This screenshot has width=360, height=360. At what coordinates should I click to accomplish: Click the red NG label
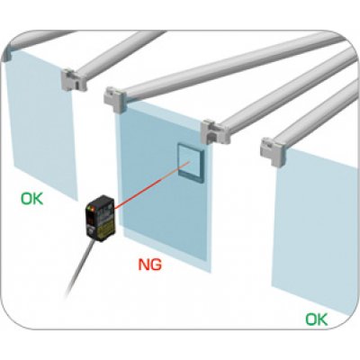(149, 264)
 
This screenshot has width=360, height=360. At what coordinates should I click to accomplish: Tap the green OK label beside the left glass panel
(31, 199)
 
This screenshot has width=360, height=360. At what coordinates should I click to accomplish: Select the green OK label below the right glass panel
(317, 319)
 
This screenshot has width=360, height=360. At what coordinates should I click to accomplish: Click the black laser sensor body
(102, 218)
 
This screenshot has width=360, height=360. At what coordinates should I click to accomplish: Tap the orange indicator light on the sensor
(94, 208)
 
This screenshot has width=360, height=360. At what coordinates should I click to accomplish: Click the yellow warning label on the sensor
(106, 229)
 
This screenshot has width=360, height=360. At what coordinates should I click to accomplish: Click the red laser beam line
(152, 184)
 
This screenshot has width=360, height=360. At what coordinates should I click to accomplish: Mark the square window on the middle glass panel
(191, 164)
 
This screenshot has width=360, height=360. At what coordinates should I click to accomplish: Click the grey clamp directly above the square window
(215, 132)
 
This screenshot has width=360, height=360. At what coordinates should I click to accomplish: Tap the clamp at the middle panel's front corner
(114, 99)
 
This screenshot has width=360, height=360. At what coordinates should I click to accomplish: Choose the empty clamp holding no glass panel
(74, 79)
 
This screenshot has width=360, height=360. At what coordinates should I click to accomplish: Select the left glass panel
(42, 123)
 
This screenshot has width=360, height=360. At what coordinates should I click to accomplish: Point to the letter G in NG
(156, 264)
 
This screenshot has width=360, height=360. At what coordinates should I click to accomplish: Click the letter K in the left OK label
(38, 199)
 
